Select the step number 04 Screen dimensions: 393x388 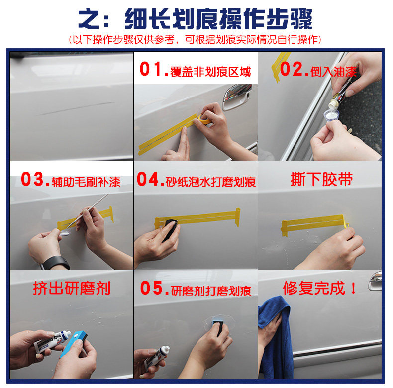click(x=148, y=179)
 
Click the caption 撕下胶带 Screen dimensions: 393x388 click(x=321, y=179)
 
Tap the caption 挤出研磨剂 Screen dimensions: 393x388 click(x=72, y=289)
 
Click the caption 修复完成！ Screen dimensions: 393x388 click(x=319, y=288)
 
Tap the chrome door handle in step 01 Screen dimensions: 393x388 click(x=237, y=97)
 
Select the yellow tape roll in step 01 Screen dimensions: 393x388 click(x=204, y=119)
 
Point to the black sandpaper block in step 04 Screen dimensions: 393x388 click(x=171, y=229)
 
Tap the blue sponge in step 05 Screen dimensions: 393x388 click(x=218, y=326)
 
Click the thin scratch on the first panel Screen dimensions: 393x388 click(x=75, y=108)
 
